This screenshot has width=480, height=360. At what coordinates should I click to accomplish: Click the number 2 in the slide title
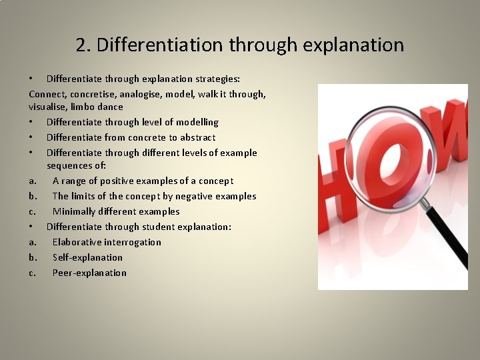[82, 45]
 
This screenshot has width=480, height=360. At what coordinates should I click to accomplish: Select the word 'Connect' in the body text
[47, 94]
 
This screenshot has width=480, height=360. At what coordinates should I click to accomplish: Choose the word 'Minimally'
[75, 211]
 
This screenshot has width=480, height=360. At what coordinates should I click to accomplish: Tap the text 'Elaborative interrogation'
[107, 242]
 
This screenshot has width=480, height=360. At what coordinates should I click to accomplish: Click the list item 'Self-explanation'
[87, 257]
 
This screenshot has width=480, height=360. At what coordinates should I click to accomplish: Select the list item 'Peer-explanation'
[89, 273]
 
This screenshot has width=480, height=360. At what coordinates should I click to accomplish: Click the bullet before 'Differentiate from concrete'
[31, 137]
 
